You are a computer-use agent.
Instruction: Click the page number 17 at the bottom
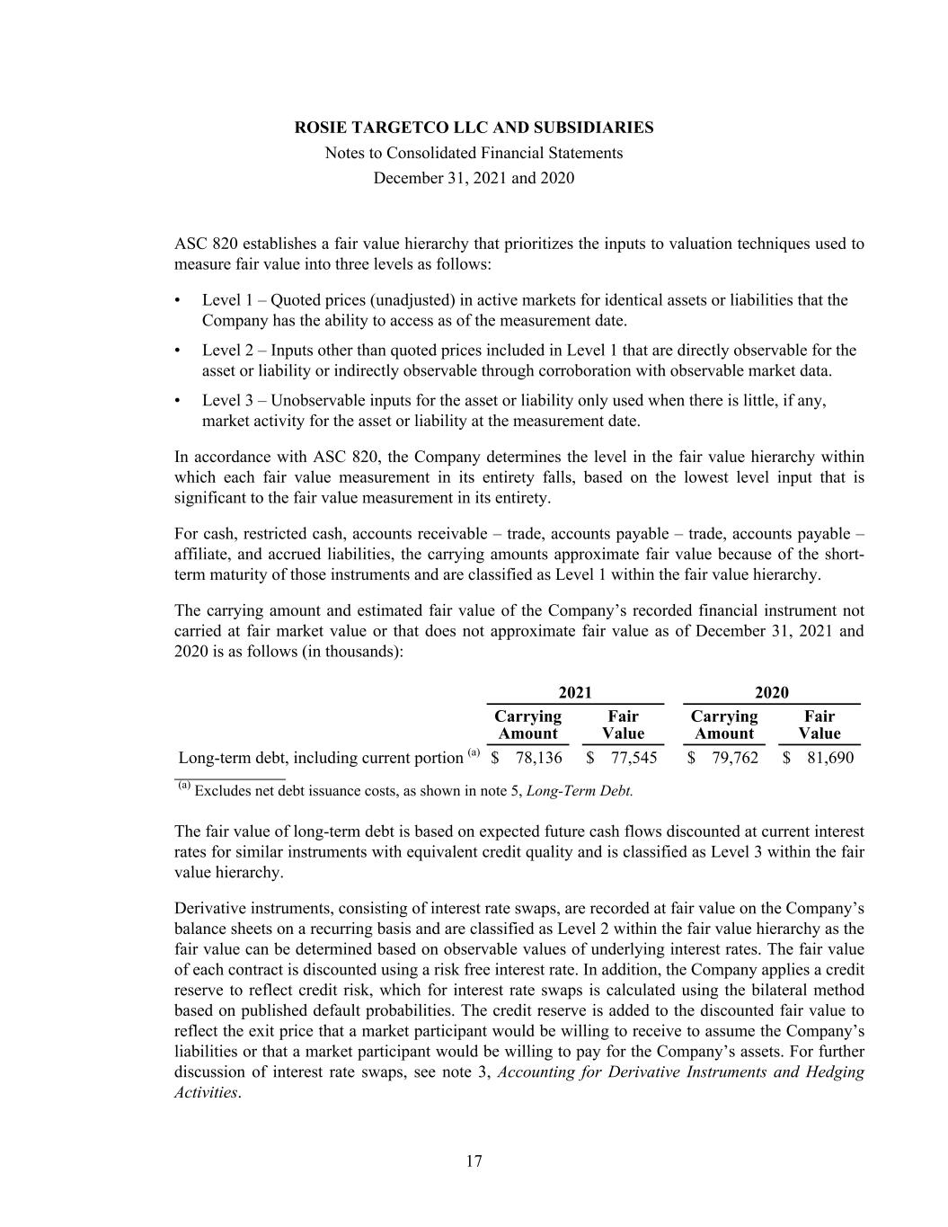pyautogui.click(x=474, y=1161)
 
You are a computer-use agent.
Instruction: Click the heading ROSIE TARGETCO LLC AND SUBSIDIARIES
pyautogui.click(x=474, y=128)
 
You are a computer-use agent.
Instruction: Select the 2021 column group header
pyautogui.click(x=575, y=691)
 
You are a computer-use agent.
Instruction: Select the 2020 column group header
pyautogui.click(x=771, y=691)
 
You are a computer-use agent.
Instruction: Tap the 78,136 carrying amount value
pyautogui.click(x=538, y=758)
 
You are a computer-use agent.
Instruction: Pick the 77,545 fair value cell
pyautogui.click(x=633, y=758)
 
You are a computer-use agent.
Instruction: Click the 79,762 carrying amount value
pyautogui.click(x=734, y=758)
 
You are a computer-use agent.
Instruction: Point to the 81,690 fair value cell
pyautogui.click(x=829, y=758)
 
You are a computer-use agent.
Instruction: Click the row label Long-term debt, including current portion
pyautogui.click(x=320, y=758)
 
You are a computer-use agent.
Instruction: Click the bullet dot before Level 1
pyautogui.click(x=179, y=300)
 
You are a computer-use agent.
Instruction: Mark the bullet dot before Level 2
pyautogui.click(x=179, y=351)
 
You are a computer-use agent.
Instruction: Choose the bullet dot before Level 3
pyautogui.click(x=179, y=401)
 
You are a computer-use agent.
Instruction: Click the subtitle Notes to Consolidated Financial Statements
pyautogui.click(x=474, y=153)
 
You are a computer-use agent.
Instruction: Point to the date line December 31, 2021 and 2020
pyautogui.click(x=474, y=178)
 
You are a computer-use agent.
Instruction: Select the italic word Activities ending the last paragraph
pyautogui.click(x=206, y=1093)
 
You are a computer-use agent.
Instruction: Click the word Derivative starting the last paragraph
pyautogui.click(x=212, y=908)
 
